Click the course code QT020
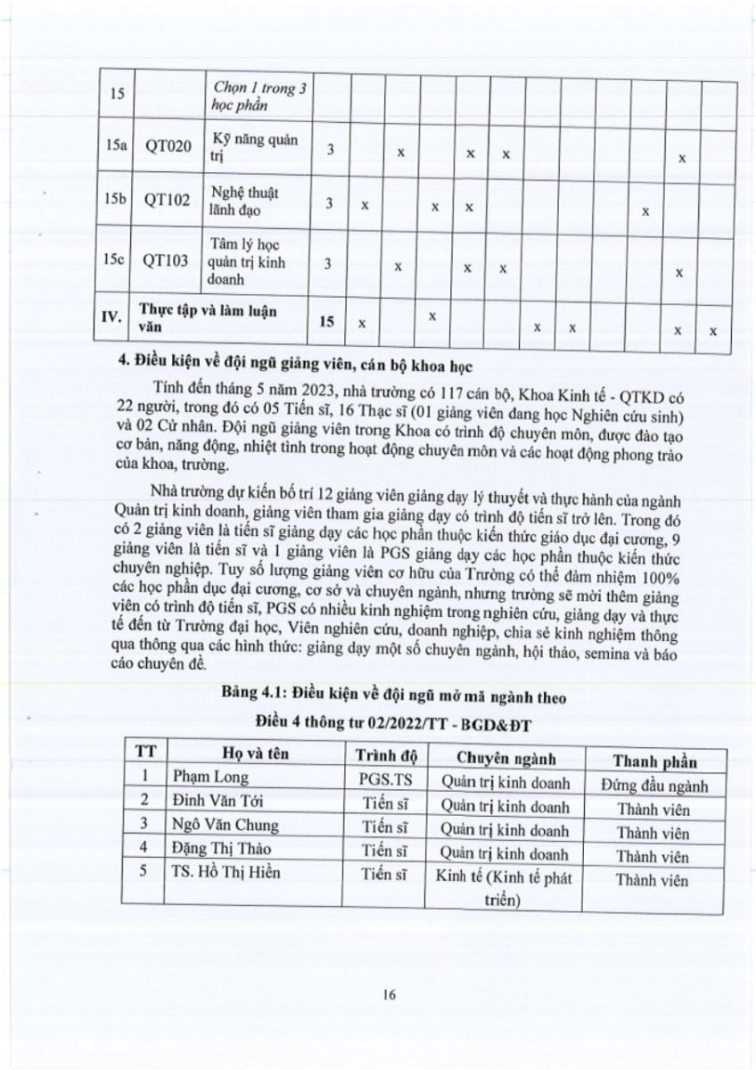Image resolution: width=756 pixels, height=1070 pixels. coord(168,147)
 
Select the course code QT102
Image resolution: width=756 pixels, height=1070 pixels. coord(168,202)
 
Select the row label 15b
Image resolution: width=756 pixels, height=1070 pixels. coord(113,202)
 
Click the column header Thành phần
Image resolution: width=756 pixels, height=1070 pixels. coord(654,761)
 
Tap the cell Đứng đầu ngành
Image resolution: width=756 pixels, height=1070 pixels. coord(654,785)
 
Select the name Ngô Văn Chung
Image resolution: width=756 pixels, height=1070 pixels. coord(226,825)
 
